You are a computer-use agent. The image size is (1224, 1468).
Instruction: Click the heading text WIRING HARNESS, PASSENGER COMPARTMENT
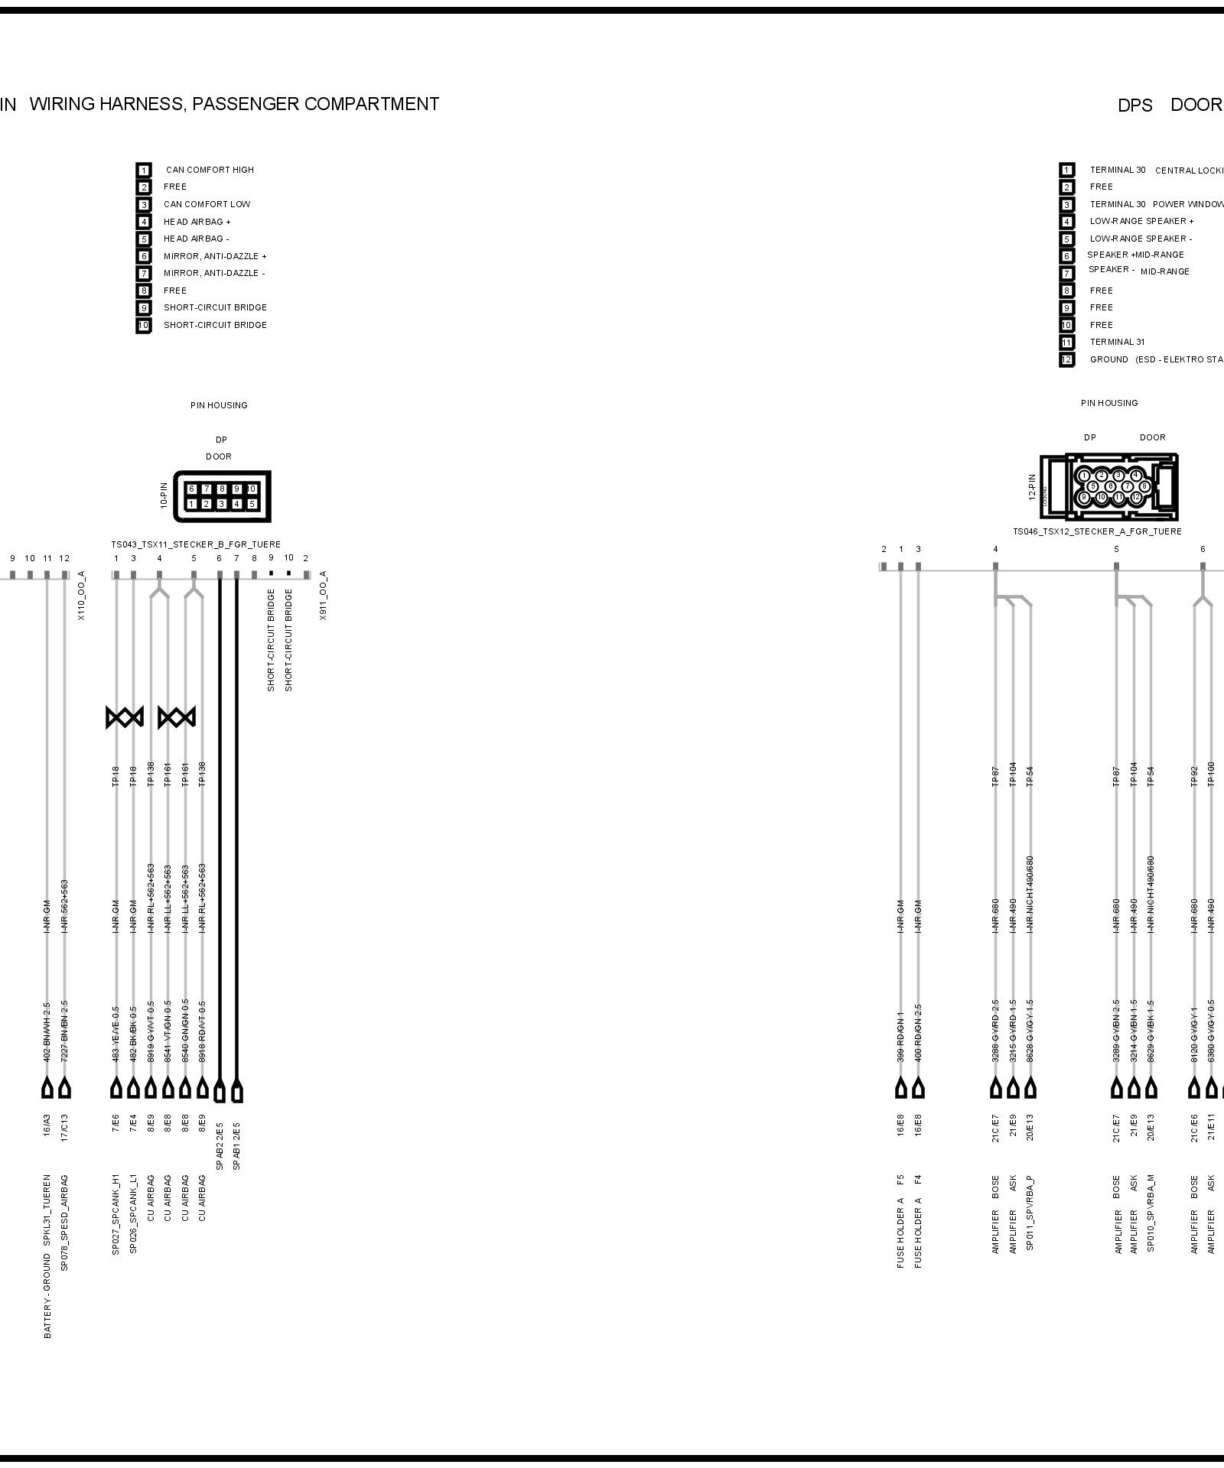coord(234,104)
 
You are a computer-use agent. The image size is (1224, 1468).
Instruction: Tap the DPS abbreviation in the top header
coord(1134,106)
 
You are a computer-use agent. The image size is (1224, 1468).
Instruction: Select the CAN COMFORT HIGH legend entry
coord(210,170)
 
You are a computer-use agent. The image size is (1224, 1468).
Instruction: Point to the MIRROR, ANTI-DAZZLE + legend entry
coord(215,256)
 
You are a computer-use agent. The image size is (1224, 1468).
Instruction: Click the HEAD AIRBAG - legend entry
coord(197,239)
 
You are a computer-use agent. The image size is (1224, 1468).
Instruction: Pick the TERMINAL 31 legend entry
coord(1117,342)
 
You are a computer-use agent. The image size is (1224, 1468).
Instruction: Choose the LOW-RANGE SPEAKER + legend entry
coord(1141,221)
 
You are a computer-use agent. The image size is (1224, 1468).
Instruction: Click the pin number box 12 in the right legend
coord(1066,359)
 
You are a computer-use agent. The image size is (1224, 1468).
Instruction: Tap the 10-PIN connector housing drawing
coord(222,495)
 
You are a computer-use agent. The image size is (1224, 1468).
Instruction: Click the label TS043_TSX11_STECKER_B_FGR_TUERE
coord(196,544)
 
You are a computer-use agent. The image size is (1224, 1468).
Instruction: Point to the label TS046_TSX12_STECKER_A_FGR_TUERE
coord(1097,531)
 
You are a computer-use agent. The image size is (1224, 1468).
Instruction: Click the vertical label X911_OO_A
coord(324,595)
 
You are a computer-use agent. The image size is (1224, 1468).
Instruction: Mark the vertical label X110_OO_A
coord(82,595)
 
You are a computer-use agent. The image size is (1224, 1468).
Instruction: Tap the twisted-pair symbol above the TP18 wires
coord(125,717)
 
